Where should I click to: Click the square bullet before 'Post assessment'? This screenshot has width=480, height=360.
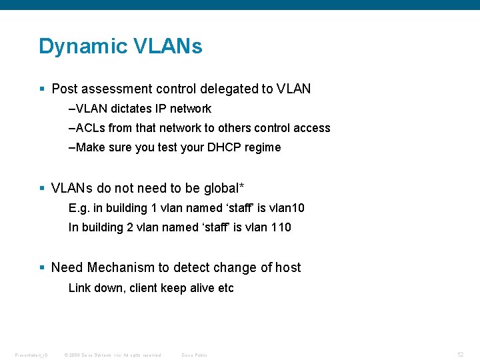coord(42,89)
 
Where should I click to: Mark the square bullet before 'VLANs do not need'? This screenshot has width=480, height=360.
coord(42,188)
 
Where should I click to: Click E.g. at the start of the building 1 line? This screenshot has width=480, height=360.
coord(79,208)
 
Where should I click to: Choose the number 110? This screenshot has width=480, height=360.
coord(281,227)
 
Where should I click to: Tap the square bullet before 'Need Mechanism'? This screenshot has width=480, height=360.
coord(42,267)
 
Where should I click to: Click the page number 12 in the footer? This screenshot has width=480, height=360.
coord(460,354)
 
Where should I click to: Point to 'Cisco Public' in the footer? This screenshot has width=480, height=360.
coord(194,355)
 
